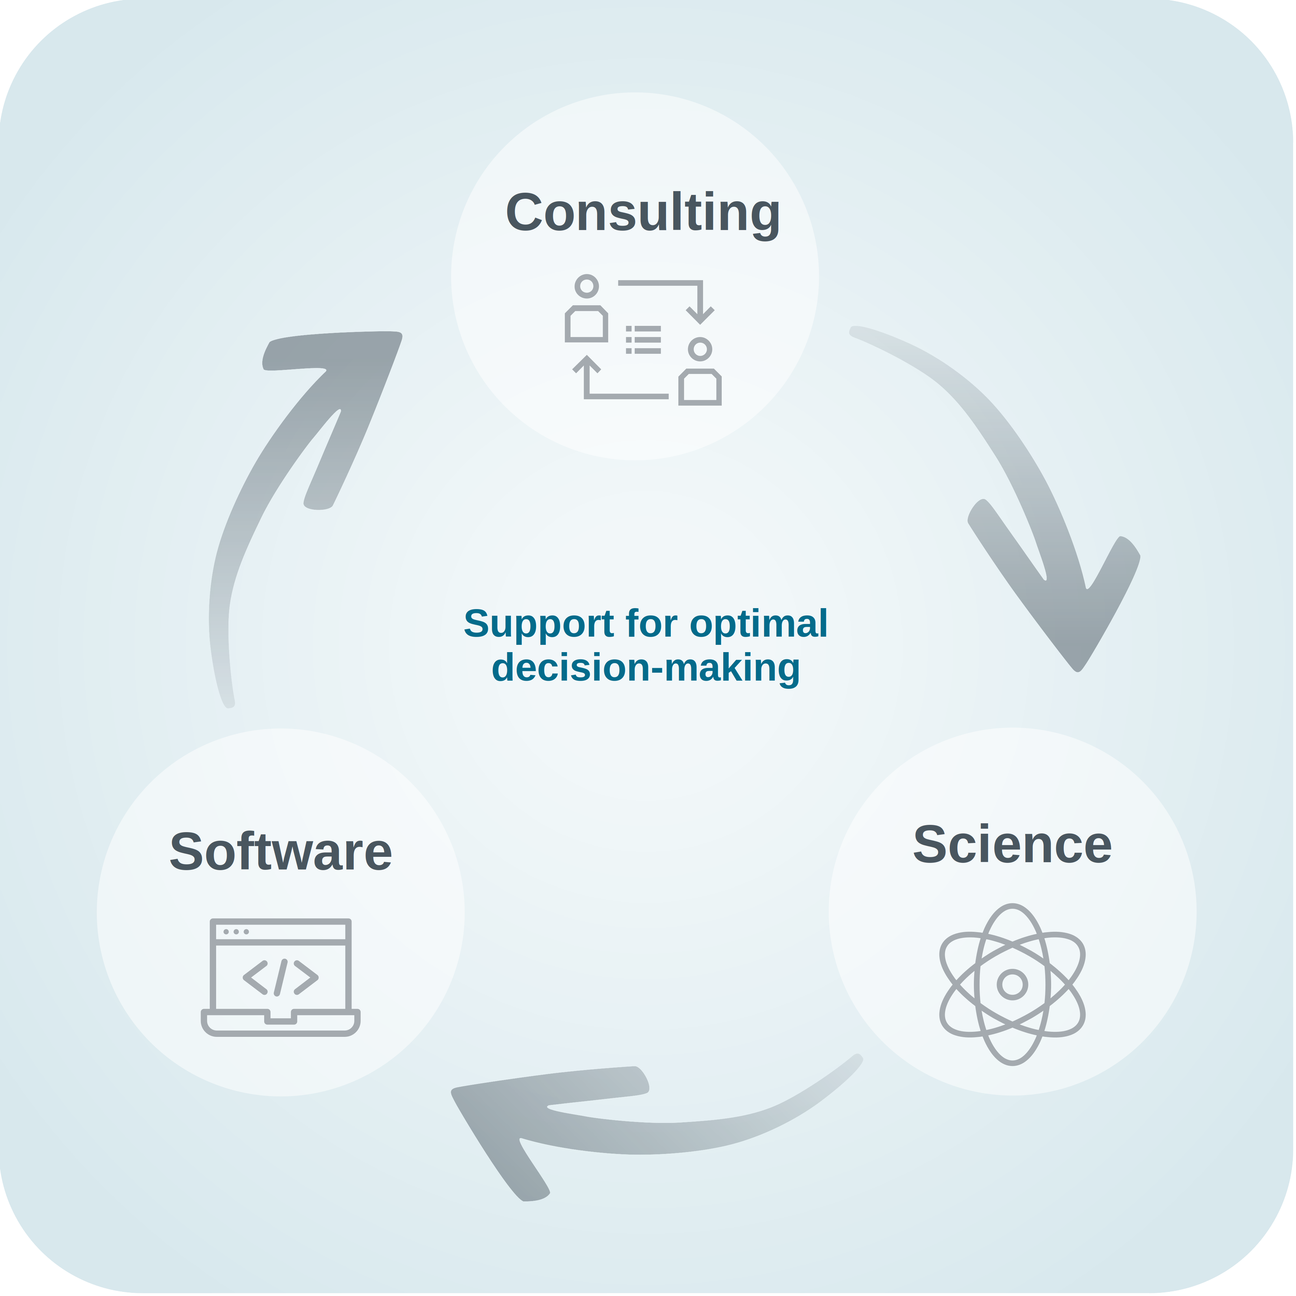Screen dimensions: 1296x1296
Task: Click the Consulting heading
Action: coord(643,213)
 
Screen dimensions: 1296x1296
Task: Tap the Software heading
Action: coord(280,852)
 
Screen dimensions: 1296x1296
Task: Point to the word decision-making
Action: coord(645,668)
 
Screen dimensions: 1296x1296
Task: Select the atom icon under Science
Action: coord(1011,984)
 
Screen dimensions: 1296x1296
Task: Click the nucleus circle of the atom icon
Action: coord(1011,984)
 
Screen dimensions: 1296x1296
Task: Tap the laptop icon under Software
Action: coord(280,977)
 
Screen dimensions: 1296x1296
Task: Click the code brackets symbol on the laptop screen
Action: coord(280,977)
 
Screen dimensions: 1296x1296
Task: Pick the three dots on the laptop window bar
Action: coord(235,932)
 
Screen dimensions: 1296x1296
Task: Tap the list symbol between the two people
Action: coord(643,340)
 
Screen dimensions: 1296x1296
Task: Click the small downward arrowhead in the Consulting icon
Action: coord(700,313)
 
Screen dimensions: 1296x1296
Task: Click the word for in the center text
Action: coord(651,624)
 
